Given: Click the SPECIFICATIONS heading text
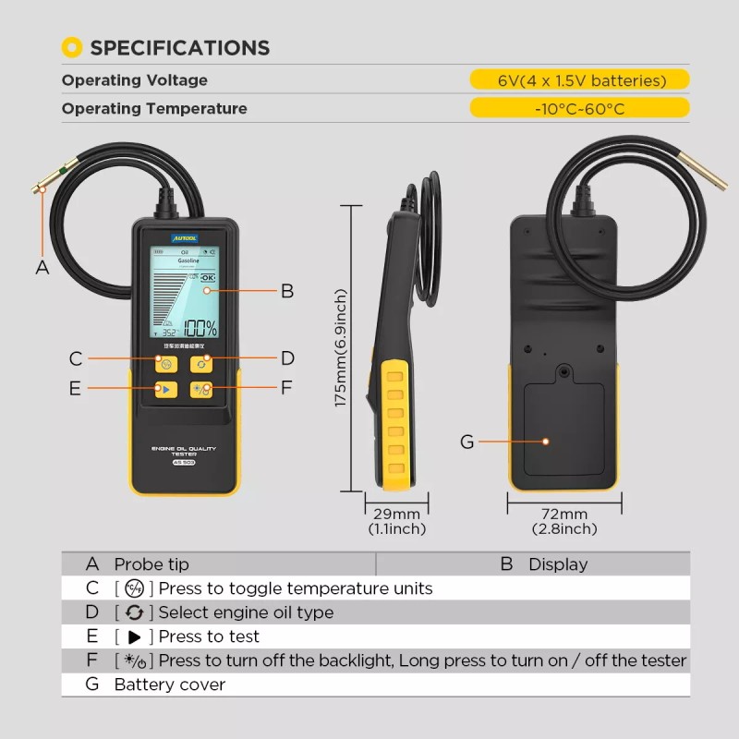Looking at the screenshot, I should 179,48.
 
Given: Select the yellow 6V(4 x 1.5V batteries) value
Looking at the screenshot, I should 580,80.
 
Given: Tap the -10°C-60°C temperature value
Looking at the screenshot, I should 580,109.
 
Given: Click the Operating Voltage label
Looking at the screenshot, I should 135,80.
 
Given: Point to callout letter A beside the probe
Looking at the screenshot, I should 42,268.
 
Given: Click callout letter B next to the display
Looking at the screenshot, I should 287,290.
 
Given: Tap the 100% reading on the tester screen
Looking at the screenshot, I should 200,328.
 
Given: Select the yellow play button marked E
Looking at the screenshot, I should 165,390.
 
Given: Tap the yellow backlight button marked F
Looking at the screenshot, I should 201,390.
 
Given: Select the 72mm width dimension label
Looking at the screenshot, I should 564,515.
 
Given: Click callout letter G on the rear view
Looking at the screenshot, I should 466,442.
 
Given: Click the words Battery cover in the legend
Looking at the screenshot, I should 170,684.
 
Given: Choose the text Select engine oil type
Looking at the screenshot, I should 246,612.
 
